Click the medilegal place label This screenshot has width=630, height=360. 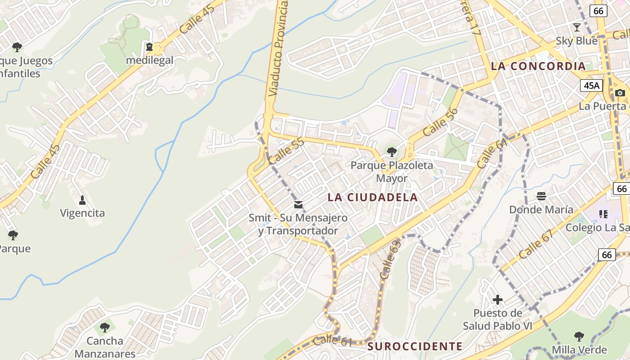tap(149, 60)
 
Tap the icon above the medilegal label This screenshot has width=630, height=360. tap(149, 47)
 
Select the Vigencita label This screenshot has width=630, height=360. tap(82, 213)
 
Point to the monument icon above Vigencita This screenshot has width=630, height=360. tap(82, 199)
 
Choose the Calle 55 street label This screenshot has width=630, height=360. tap(286, 151)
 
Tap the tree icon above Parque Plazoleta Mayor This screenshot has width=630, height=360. tap(392, 152)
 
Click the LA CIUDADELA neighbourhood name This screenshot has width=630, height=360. tap(373, 197)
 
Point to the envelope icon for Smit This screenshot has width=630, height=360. tap(298, 205)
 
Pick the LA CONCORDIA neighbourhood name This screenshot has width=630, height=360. tap(538, 66)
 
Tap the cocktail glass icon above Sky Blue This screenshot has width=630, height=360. tap(576, 27)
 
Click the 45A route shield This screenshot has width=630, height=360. tap(591, 85)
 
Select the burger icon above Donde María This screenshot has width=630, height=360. tap(541, 196)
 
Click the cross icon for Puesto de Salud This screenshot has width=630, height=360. tap(497, 299)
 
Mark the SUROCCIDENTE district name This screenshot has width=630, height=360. tap(415, 346)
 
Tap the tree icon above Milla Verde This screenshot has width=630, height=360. tap(579, 336)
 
